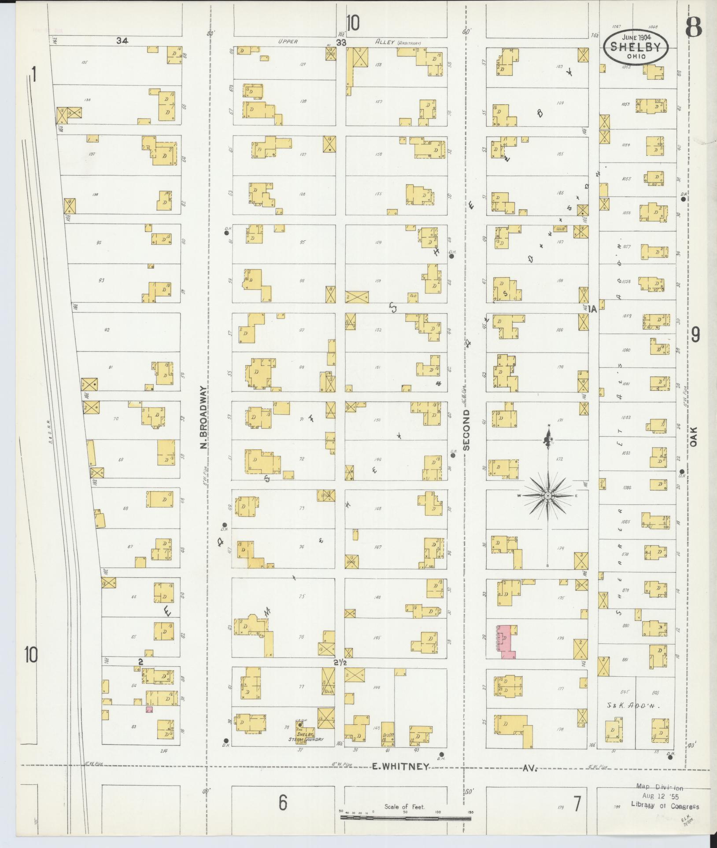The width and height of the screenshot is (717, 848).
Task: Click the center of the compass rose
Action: [x=547, y=496]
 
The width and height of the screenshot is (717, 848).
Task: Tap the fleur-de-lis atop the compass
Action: [x=548, y=438]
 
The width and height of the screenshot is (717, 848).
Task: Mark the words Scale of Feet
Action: [x=404, y=807]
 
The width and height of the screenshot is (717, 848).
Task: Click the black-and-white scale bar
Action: [x=405, y=818]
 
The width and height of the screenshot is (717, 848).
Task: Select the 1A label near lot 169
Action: [x=591, y=309]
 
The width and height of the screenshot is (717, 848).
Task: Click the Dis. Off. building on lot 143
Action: [x=388, y=734]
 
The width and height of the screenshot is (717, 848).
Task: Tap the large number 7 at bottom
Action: [x=577, y=804]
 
